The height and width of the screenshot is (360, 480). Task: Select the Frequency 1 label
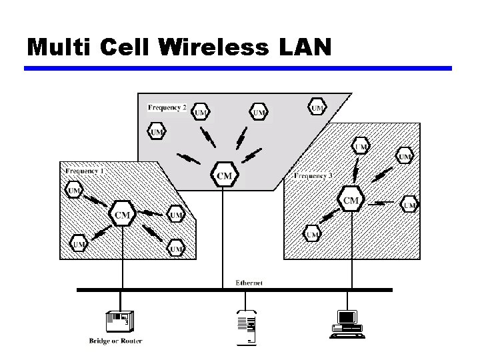85,171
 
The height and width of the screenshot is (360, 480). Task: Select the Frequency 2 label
167,107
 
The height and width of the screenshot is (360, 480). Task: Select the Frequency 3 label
313,176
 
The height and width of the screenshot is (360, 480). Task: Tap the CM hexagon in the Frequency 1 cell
123,214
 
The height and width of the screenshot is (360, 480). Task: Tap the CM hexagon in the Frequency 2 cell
225,176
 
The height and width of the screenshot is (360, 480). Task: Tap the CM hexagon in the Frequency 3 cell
351,200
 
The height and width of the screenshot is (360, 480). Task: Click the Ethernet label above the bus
249,283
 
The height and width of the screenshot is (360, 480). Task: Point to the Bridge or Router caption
116,341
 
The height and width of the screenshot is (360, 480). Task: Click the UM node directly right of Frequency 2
201,113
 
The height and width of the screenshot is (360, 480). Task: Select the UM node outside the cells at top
317,107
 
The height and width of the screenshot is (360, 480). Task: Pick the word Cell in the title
128,47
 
